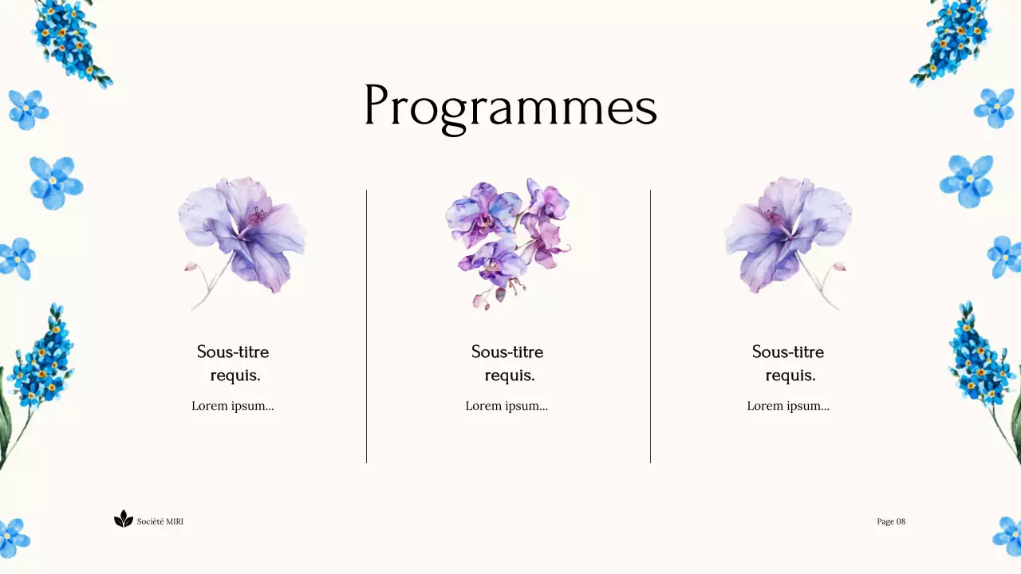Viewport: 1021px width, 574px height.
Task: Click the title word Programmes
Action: (x=510, y=107)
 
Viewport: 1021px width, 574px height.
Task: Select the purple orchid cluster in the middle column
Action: (x=507, y=239)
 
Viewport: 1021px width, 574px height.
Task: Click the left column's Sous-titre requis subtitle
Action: (x=233, y=364)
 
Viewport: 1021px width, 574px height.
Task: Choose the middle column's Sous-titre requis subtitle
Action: (x=507, y=364)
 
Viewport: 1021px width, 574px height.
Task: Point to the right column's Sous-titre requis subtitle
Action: (x=788, y=364)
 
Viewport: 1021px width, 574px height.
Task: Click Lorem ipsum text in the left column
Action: (x=232, y=406)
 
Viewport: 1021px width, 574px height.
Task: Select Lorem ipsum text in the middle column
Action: (x=507, y=406)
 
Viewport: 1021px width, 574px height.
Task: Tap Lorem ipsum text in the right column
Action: (x=788, y=406)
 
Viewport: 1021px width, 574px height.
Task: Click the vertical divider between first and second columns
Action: (x=366, y=327)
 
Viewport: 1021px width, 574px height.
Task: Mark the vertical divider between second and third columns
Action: (x=650, y=327)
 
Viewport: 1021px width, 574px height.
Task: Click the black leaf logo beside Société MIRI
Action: (x=124, y=520)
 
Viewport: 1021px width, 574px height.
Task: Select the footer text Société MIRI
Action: (x=160, y=521)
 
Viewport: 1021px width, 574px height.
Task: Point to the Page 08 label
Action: (x=891, y=521)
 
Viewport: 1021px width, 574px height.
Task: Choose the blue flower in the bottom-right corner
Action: (x=1007, y=535)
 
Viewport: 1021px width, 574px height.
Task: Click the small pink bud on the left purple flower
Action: (x=191, y=267)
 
